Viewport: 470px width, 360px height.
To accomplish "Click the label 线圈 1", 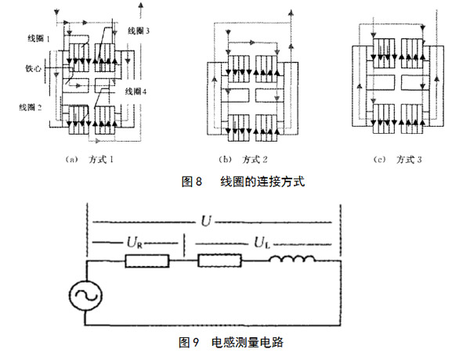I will click(x=37, y=38).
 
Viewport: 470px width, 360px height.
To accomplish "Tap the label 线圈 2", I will click(x=36, y=106).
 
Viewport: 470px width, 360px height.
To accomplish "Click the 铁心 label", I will click(x=33, y=68).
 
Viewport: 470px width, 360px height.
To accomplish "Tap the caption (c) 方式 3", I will click(x=399, y=160).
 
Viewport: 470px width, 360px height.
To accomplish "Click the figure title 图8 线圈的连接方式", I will click(x=241, y=182).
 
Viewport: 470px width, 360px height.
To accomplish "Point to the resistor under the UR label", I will click(x=146, y=261).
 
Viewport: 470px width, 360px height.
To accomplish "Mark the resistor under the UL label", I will click(x=220, y=261).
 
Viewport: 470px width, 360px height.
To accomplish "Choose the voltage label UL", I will click(x=260, y=243).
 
